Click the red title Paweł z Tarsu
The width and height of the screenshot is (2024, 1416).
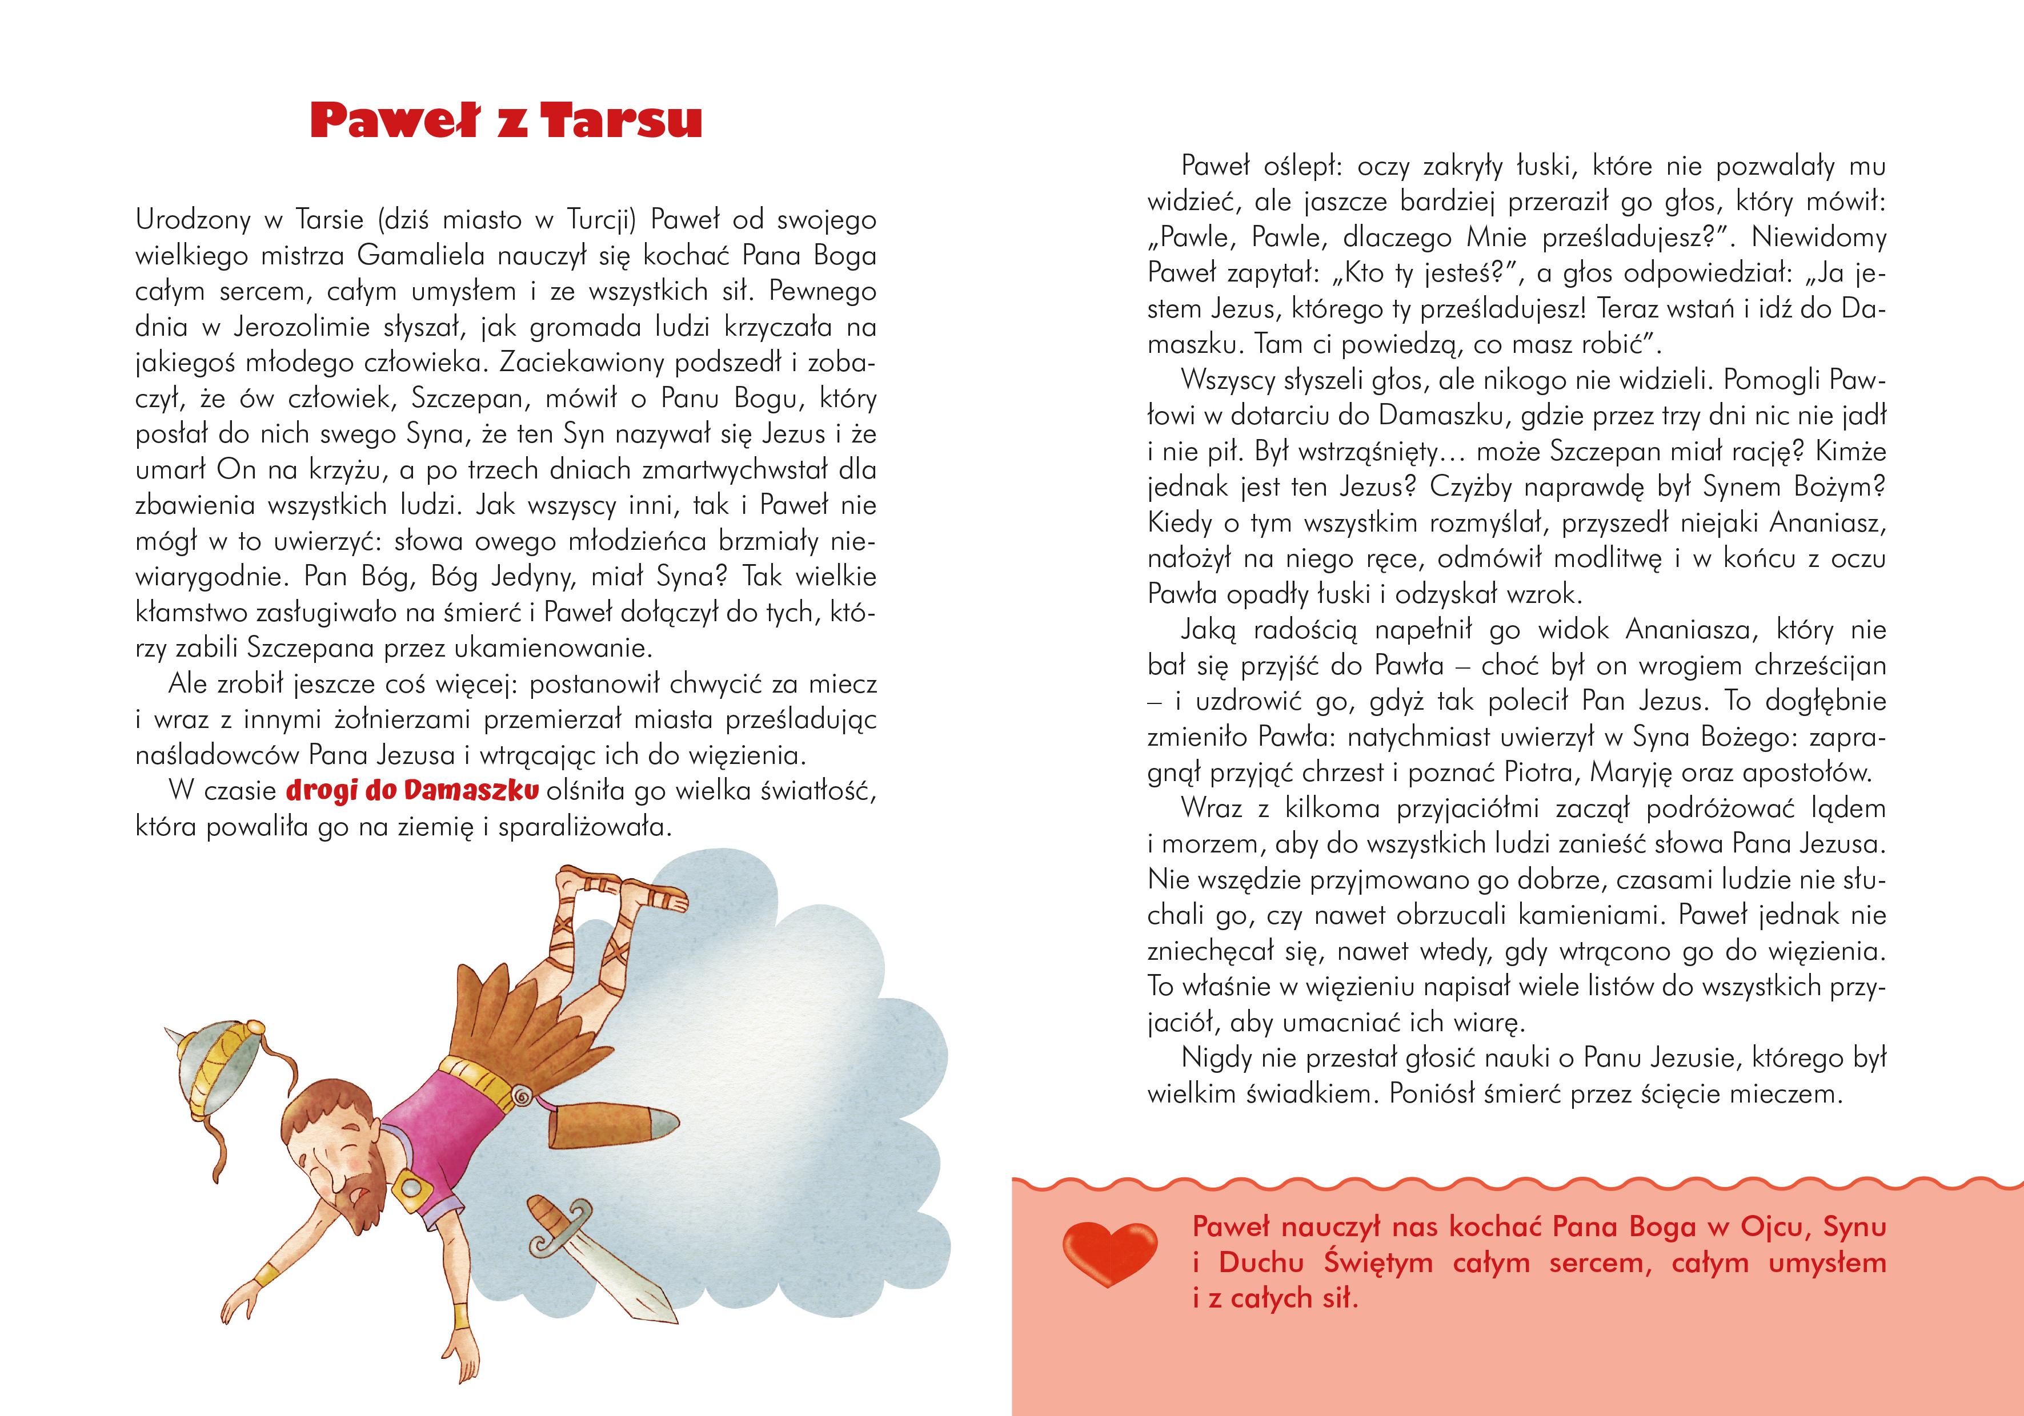[x=506, y=122]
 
